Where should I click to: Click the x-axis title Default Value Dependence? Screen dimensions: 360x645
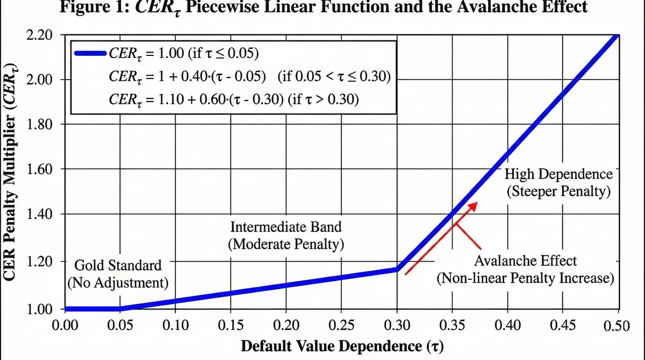pyautogui.click(x=343, y=345)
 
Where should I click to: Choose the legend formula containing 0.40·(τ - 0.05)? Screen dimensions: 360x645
pyautogui.click(x=249, y=76)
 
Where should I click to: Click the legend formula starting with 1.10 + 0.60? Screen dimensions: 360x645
pyautogui.click(x=234, y=99)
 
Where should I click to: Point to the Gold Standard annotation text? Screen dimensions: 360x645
pyautogui.click(x=118, y=265)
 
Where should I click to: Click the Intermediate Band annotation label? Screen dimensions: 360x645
pyautogui.click(x=285, y=226)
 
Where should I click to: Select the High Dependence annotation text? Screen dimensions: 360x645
pyautogui.click(x=558, y=174)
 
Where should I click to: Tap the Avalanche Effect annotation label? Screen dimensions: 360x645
pyautogui.click(x=525, y=261)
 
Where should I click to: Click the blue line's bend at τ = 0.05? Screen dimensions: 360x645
pyautogui.click(x=120, y=309)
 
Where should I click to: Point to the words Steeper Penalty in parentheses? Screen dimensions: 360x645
pyautogui.click(x=558, y=192)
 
